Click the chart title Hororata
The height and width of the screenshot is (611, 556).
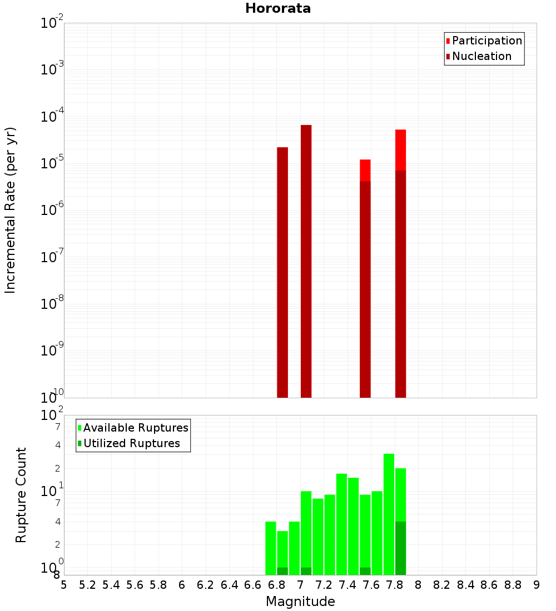pos(278,8)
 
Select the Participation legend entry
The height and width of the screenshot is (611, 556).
pos(487,41)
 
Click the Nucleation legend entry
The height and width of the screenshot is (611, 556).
pos(481,56)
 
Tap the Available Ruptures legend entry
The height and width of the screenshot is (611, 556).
pos(136,428)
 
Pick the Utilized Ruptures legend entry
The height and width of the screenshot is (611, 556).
pos(131,443)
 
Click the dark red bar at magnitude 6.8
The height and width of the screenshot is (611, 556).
pos(282,272)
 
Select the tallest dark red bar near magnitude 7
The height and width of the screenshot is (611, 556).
pos(306,261)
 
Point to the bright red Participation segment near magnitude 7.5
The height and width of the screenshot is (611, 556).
pos(365,170)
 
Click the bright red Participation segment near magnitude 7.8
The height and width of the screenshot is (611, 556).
pos(401,150)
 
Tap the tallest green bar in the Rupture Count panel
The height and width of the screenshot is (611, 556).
pos(389,514)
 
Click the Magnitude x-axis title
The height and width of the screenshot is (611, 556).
pos(300,602)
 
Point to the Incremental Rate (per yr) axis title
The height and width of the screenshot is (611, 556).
pos(11,210)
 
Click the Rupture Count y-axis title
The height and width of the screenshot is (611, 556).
pos(21,495)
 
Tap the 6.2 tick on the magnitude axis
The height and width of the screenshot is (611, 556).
pos(206,585)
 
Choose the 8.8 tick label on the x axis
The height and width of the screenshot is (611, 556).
pos(513,585)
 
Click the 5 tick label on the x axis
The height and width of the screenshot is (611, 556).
pos(64,585)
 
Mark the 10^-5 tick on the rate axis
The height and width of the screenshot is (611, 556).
pos(52,163)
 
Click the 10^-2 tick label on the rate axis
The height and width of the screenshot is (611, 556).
pos(52,23)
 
